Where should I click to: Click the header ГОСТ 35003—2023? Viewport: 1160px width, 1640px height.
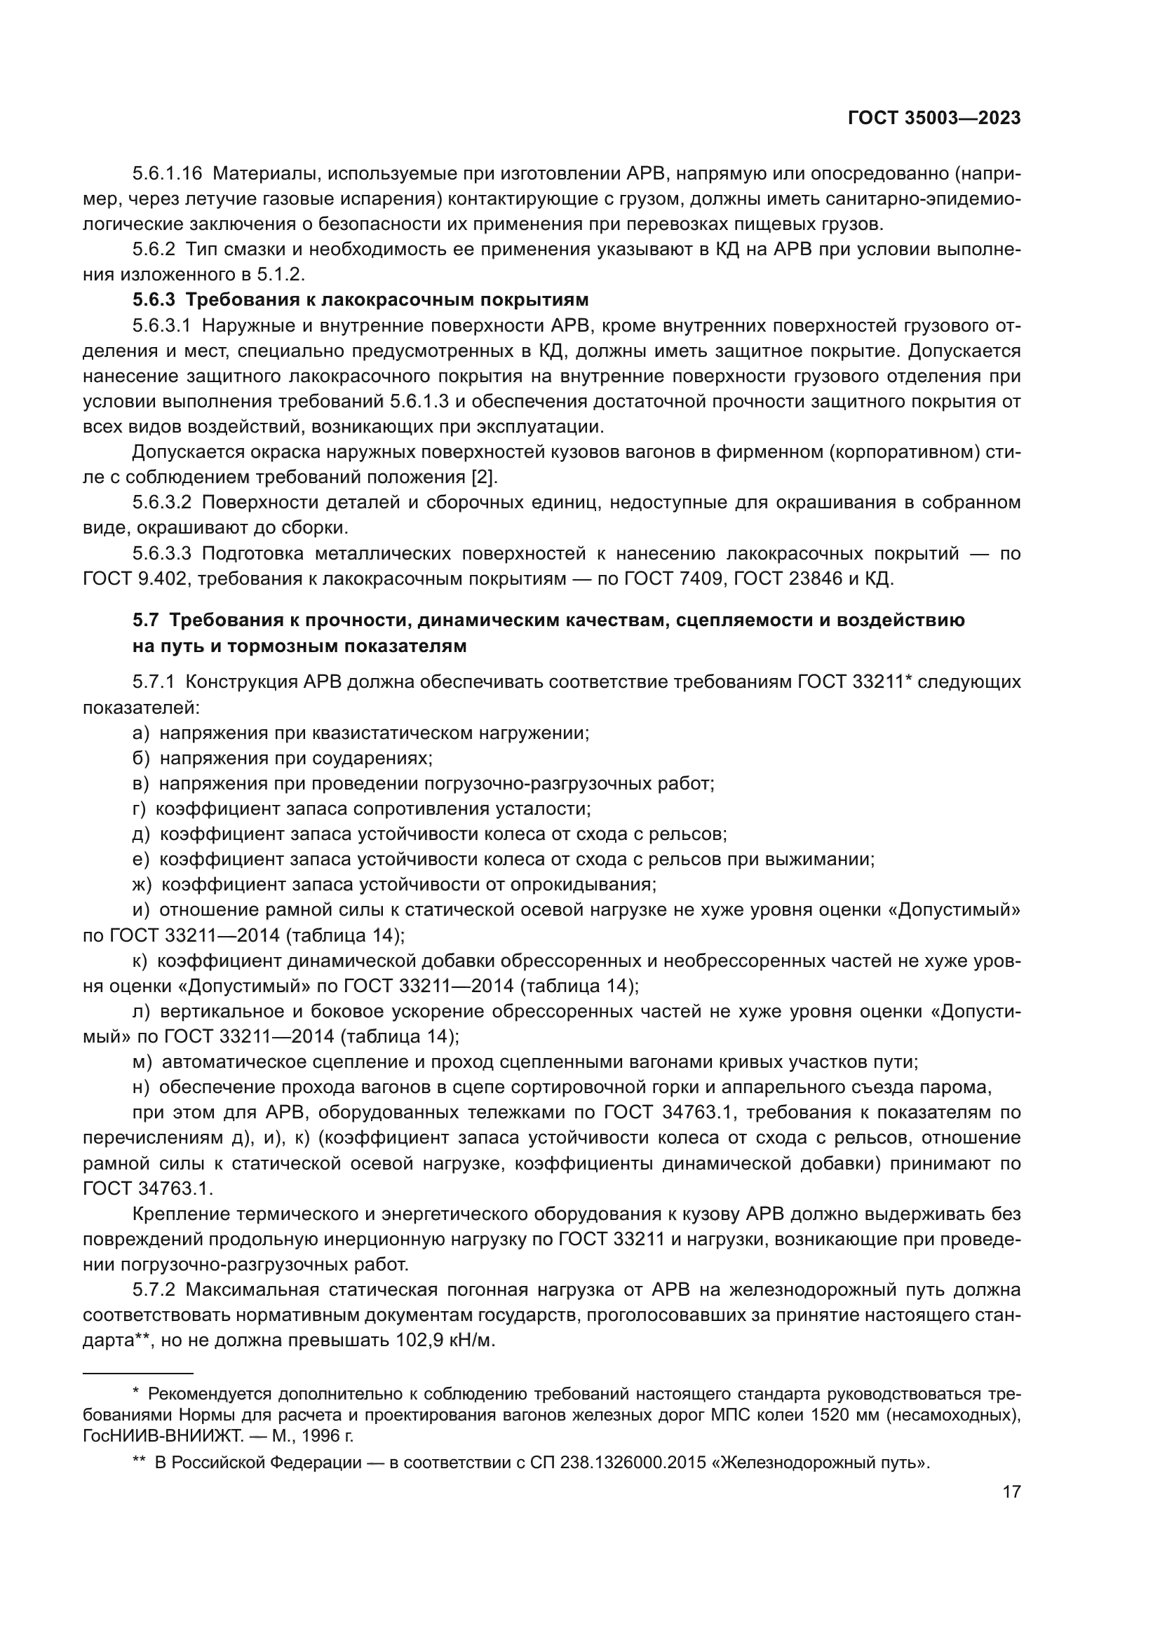[x=933, y=118]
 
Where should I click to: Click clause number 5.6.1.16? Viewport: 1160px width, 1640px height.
[x=167, y=174]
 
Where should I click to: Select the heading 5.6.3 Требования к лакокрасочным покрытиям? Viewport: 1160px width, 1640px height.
[x=360, y=299]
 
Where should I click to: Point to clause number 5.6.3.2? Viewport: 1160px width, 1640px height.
[x=161, y=502]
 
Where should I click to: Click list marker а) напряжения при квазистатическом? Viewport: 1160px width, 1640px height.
[x=141, y=733]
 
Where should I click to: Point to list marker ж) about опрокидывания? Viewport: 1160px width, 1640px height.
[x=142, y=884]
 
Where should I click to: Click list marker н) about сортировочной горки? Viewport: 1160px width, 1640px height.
[x=141, y=1087]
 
